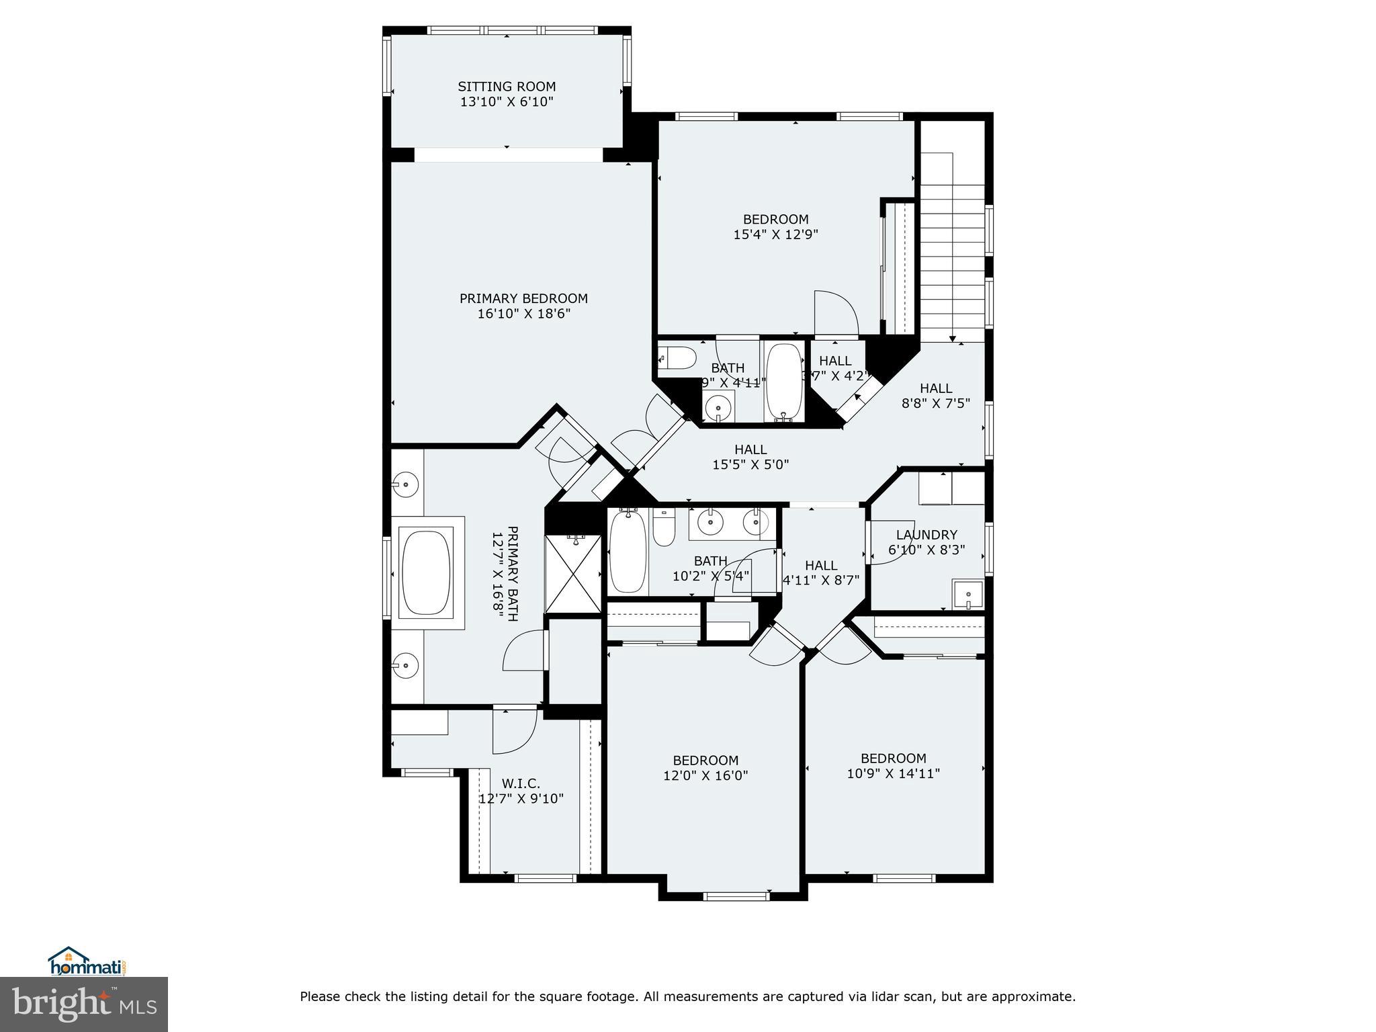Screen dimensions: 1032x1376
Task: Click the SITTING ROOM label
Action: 507,87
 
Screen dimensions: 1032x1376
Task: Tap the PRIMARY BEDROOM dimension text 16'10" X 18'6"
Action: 523,314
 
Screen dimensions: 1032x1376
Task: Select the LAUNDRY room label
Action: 927,535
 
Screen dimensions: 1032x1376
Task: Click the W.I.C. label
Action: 521,783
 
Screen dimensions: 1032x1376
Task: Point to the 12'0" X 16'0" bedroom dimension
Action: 705,775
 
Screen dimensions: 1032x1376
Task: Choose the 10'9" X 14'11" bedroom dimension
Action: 893,773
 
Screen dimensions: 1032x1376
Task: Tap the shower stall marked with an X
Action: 572,573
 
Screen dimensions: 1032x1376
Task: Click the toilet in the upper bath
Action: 677,358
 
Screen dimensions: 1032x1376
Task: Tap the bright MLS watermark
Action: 84,1004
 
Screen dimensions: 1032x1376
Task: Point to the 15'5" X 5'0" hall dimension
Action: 750,464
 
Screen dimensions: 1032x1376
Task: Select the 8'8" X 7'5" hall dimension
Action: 935,404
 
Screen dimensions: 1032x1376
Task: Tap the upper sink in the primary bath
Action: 406,483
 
